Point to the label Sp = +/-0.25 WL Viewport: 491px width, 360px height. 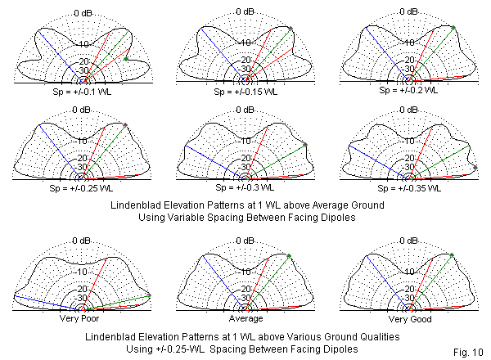(80, 187)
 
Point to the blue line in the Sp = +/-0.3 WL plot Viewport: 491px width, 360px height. (213, 160)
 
